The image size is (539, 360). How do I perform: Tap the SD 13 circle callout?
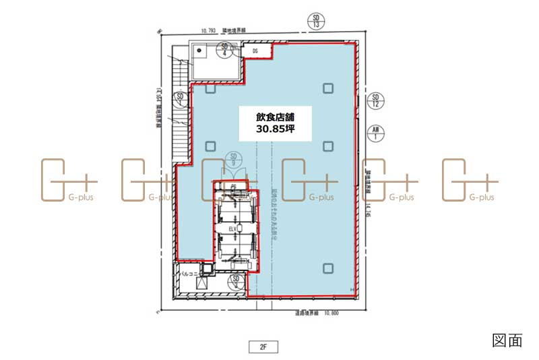[x=315, y=21]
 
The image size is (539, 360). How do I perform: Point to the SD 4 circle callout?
[x=225, y=49]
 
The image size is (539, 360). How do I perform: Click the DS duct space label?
[x=256, y=51]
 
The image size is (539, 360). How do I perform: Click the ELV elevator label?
[x=234, y=229]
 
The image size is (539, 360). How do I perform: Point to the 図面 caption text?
[x=507, y=340]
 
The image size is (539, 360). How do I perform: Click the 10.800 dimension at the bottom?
[x=331, y=313]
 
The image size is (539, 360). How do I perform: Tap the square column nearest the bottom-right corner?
[x=327, y=268]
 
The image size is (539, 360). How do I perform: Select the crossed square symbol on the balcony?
[x=201, y=286]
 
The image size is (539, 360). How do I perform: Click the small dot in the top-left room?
[x=199, y=50]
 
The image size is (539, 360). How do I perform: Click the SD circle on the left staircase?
[x=180, y=98]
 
